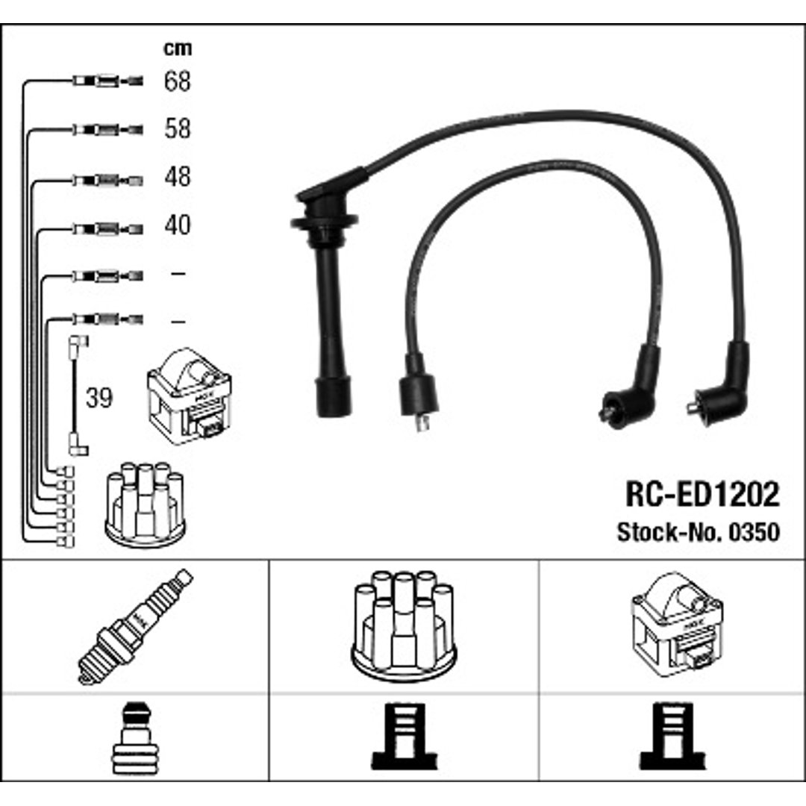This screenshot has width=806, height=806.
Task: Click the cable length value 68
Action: click(x=178, y=81)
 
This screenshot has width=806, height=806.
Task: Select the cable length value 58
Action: click(x=178, y=128)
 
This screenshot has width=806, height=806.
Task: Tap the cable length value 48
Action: click(x=178, y=176)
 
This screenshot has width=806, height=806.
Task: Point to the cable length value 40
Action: click(x=178, y=225)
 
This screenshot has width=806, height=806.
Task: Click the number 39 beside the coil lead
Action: click(x=99, y=398)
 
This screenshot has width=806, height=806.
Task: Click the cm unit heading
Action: click(x=178, y=48)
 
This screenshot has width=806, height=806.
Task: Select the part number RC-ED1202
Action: click(x=702, y=494)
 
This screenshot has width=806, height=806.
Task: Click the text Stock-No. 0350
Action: click(x=698, y=532)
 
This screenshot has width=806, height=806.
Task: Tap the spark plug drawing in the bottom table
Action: click(x=135, y=627)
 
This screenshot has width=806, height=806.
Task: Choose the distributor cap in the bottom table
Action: click(x=404, y=626)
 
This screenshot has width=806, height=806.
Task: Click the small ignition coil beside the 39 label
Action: click(x=189, y=396)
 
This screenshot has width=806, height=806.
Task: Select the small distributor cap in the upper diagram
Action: click(x=145, y=504)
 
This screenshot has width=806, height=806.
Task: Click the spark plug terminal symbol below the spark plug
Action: click(x=132, y=739)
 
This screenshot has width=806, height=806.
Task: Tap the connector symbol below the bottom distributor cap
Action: click(x=404, y=736)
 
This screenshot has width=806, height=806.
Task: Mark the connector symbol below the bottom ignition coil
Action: click(x=672, y=736)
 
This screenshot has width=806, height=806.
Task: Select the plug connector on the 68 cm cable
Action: click(x=108, y=81)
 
